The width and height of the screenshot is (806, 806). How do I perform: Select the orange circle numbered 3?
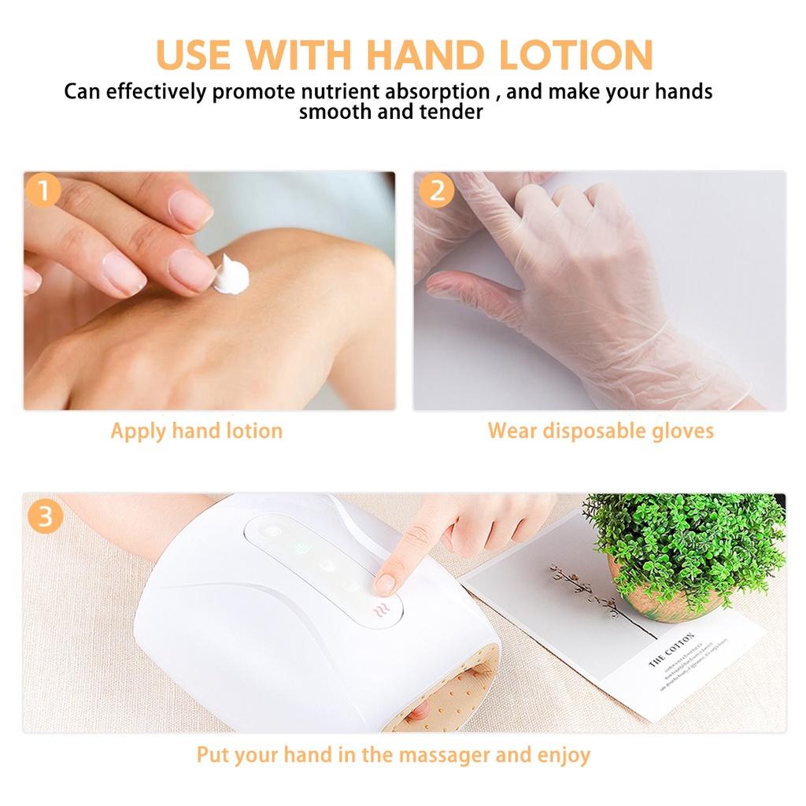click(45, 518)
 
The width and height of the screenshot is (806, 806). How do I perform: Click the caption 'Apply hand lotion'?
click(196, 431)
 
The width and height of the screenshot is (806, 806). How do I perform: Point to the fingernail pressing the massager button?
click(385, 583)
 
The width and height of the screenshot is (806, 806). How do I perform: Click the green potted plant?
click(685, 543)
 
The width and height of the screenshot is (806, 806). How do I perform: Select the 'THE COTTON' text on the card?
click(671, 649)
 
